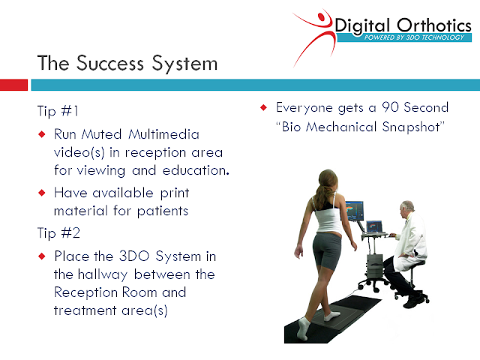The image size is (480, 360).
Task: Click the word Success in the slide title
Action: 110,63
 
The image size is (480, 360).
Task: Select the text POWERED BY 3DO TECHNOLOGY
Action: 414,37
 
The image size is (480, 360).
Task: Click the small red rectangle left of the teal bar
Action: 13,85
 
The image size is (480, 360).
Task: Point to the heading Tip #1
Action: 58,110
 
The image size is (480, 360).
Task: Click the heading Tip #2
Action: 58,233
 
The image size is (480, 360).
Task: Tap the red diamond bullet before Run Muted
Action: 42,134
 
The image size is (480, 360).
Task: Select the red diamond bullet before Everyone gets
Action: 263,107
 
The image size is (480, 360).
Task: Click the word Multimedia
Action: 163,134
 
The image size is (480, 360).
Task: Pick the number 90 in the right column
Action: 390,107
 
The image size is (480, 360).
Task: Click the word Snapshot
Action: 411,127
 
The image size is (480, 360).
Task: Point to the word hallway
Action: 102,274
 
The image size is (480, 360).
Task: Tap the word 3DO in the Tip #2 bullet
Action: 134,256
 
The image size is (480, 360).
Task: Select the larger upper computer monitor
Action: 355,211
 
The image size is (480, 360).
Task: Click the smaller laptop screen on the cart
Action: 374,226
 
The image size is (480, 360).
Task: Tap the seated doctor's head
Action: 406,208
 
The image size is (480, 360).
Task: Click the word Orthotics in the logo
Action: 434,25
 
